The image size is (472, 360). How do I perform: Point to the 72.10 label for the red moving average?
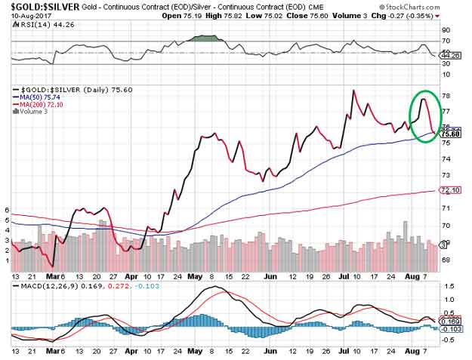[451, 190]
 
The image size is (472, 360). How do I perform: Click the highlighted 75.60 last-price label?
[451, 134]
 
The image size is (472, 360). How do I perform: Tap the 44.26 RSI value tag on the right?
[451, 54]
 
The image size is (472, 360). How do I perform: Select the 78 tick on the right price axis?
[447, 96]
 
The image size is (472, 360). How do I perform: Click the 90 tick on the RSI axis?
[447, 31]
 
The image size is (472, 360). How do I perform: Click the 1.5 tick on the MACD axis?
[449, 287]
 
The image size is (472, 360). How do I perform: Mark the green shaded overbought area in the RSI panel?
[205, 38]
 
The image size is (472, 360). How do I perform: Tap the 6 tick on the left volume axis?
[7, 210]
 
